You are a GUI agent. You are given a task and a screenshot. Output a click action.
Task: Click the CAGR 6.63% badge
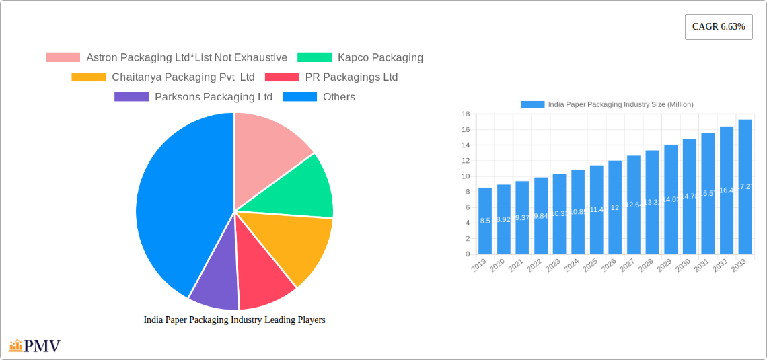point(718,27)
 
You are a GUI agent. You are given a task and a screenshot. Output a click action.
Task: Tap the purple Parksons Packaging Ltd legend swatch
point(131,97)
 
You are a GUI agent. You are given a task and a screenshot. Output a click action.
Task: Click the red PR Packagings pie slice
point(262,269)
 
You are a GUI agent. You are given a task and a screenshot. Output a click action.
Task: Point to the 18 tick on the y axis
point(465,114)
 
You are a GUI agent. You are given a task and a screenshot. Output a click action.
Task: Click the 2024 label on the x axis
point(571,266)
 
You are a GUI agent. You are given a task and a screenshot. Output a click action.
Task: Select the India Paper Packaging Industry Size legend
point(607,104)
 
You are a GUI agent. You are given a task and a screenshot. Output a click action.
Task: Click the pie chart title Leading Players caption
point(234,320)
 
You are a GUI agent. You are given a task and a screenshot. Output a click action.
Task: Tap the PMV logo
point(35,346)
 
